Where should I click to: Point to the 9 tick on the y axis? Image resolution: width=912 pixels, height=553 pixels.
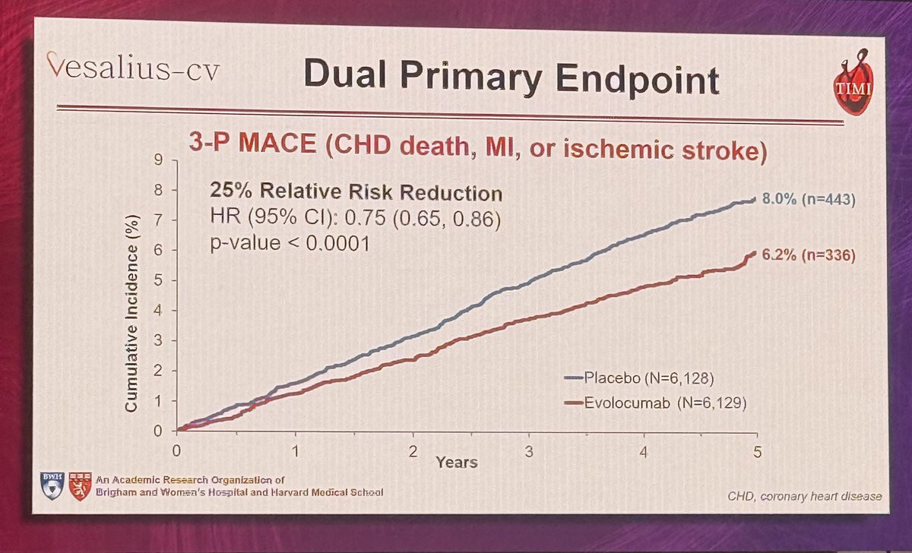(160, 161)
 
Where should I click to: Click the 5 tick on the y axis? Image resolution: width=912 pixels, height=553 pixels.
(160, 280)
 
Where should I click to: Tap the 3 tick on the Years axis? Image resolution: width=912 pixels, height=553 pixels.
(527, 450)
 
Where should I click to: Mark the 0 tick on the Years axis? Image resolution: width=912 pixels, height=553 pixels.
(176, 450)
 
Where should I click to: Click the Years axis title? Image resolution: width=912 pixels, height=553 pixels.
(456, 461)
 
